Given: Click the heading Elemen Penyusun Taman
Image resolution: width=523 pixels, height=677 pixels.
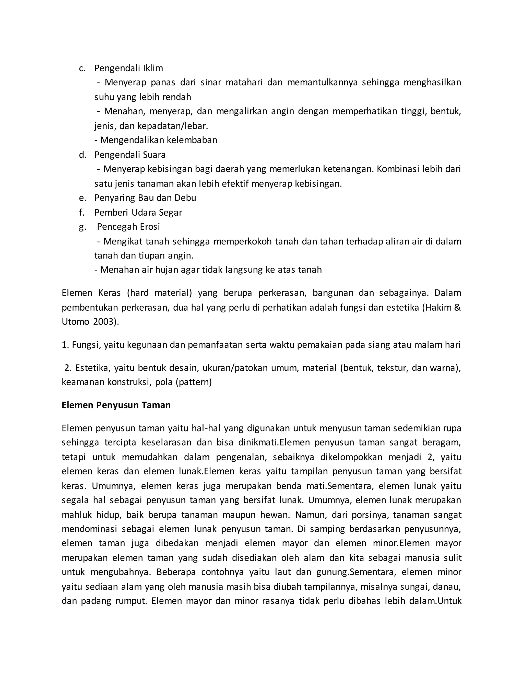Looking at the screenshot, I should point(116,405).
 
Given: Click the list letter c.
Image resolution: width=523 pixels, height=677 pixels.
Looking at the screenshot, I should point(82,68).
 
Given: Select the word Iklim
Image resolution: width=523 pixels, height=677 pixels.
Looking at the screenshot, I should point(153,68).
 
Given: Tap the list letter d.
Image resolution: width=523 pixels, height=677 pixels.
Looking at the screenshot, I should point(82,155).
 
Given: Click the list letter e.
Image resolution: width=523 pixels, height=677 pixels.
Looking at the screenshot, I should point(82,198).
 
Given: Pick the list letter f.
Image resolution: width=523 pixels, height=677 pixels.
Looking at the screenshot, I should point(81,212).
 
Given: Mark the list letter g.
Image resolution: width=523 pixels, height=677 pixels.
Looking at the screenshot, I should point(82,227).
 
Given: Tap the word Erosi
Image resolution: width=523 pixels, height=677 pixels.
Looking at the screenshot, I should point(150,227).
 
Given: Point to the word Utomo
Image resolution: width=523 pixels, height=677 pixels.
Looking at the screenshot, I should point(75,322).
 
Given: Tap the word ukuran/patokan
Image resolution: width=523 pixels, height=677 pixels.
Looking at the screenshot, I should point(234,368).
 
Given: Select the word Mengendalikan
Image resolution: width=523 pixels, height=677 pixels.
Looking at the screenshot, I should point(132,140).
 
